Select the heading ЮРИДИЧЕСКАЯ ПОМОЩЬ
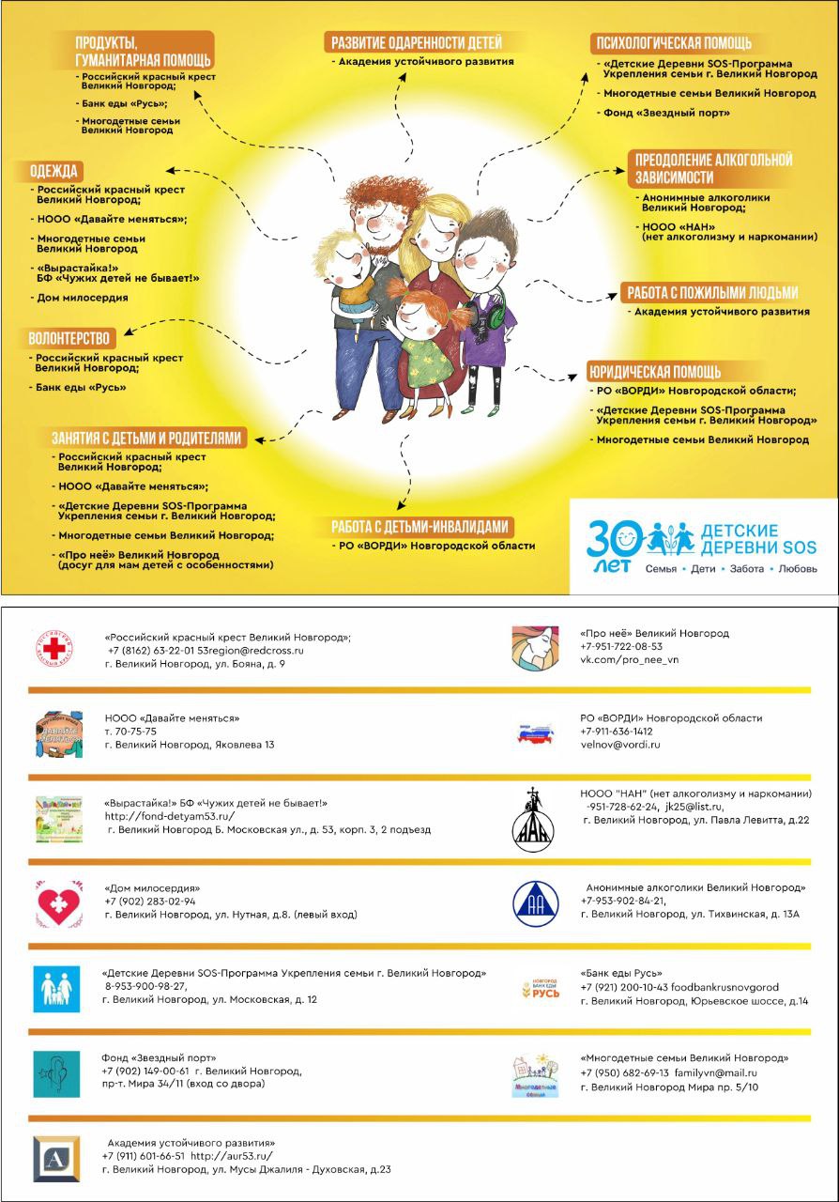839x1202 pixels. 654,370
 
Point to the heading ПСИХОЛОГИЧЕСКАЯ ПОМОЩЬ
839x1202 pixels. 671,43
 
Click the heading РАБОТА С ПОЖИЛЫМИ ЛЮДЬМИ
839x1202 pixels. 710,292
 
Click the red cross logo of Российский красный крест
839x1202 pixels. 58,650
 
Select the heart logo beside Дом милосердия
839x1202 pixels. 58,904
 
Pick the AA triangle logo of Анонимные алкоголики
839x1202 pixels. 535,903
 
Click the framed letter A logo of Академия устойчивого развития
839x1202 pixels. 56,1159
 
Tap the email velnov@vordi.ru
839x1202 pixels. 620,745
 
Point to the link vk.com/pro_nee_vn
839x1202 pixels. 629,660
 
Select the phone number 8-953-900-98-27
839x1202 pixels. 145,986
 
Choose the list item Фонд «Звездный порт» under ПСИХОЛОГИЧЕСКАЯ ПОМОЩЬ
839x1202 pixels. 666,113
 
